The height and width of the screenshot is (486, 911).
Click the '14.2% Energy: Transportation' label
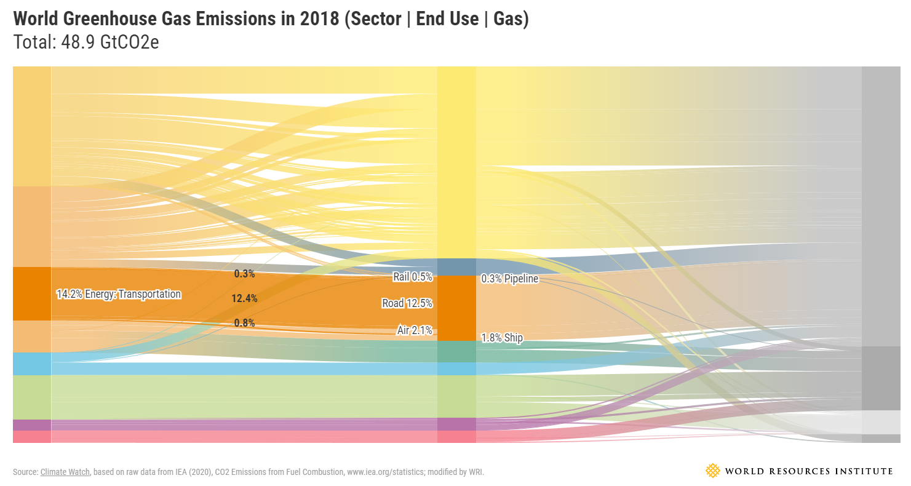[x=119, y=294]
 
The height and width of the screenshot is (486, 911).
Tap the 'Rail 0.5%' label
[x=413, y=277]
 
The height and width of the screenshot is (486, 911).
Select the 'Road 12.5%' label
[x=407, y=303]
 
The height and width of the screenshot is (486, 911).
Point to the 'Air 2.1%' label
[x=415, y=330]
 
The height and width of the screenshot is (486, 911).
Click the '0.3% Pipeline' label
[x=510, y=279]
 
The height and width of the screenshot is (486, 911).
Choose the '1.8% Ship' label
[x=502, y=338]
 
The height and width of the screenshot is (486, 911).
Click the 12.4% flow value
[x=244, y=298]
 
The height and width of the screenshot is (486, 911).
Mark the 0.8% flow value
[x=244, y=323]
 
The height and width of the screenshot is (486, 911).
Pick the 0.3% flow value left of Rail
[x=244, y=274]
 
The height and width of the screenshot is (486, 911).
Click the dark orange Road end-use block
[x=456, y=308]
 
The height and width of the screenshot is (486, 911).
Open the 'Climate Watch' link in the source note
[x=65, y=472]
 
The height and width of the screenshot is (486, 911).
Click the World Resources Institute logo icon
[x=712, y=471]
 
